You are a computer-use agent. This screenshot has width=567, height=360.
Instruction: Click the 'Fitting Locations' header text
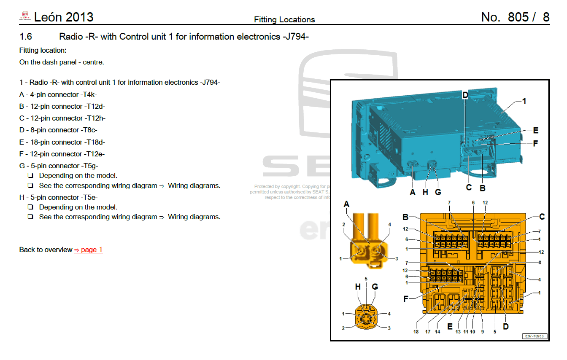[284, 20]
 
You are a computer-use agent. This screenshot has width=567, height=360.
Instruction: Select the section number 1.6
[26, 37]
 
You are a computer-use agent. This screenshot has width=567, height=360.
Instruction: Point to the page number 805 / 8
[515, 17]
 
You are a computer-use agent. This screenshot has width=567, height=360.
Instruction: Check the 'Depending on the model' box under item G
[30, 176]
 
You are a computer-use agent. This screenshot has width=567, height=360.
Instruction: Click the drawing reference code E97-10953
[535, 336]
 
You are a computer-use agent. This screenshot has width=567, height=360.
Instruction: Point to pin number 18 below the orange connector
[416, 332]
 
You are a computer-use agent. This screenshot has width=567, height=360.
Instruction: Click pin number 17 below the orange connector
[428, 332]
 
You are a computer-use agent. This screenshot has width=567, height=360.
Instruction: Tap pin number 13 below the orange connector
[458, 332]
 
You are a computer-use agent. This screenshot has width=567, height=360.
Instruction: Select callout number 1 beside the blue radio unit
[524, 101]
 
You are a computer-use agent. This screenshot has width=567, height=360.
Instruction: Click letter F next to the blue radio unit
[535, 143]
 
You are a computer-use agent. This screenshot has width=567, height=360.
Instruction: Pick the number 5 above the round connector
[366, 279]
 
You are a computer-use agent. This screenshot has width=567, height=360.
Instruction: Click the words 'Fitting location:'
[43, 51]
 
